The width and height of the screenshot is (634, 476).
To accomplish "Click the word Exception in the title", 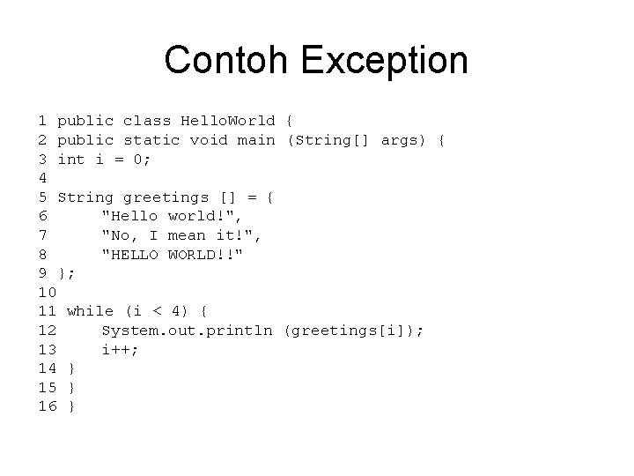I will click(385, 61).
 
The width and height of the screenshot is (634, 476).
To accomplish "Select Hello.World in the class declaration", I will click(227, 121).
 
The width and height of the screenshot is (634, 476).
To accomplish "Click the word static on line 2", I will click(151, 140).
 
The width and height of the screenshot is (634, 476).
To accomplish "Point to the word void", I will click(209, 140).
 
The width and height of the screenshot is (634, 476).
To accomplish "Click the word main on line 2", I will click(256, 140).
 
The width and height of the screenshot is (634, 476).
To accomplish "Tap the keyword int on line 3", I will click(71, 160).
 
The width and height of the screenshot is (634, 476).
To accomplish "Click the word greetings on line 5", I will click(166, 197).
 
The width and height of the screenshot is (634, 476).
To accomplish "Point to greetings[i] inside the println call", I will click(351, 331).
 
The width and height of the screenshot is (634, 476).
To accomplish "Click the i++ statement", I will click(119, 350).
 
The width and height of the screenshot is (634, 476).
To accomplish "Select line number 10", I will click(48, 292).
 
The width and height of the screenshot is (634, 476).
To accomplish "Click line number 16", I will click(48, 406).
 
